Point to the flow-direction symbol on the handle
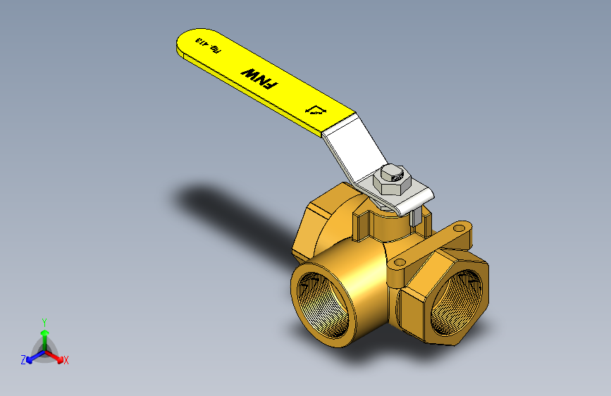(317, 110)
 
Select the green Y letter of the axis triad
(44, 321)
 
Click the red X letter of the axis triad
(66, 361)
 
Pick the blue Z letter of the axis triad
(23, 359)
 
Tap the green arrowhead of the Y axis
(44, 331)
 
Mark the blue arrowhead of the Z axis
(30, 357)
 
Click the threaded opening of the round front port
(323, 304)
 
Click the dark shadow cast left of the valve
(226, 211)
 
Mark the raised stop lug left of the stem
(361, 224)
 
